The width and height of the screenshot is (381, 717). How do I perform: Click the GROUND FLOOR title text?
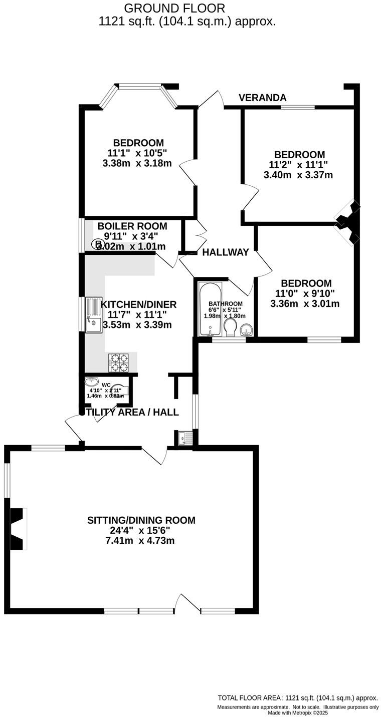(x=174, y=9)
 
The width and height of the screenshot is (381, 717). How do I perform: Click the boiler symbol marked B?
(x=96, y=244)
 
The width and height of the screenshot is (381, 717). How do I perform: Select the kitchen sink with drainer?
(x=93, y=314)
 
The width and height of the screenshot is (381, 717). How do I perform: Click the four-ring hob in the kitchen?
(x=118, y=362)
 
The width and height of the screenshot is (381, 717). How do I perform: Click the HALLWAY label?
(x=225, y=252)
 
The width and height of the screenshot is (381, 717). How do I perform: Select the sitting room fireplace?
(x=18, y=529)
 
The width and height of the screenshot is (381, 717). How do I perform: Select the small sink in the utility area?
(x=185, y=438)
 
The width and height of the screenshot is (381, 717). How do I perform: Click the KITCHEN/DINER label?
(x=139, y=304)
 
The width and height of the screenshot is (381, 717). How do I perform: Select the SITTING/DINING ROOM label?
(x=141, y=520)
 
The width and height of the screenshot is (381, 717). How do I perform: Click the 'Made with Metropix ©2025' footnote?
(x=298, y=712)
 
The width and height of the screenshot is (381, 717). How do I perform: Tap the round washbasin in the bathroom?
(x=247, y=329)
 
